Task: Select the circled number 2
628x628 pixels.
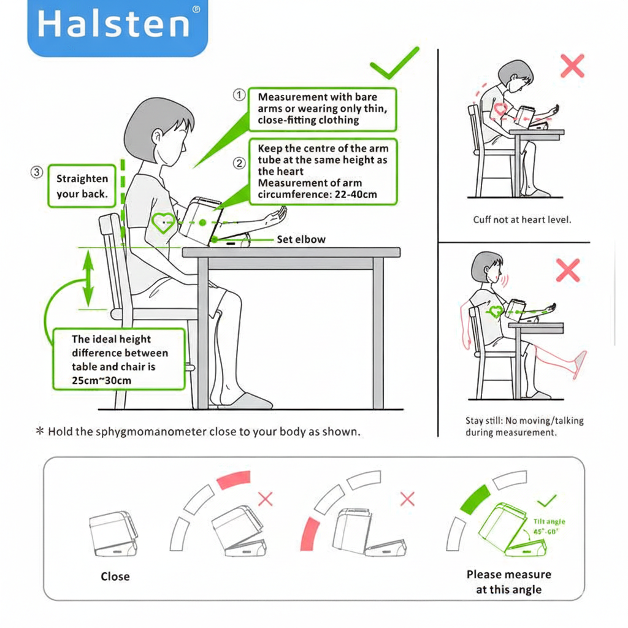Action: pyautogui.click(x=239, y=163)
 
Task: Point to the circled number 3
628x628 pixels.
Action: pyautogui.click(x=36, y=173)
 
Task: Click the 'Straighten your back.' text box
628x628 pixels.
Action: pyautogui.click(x=82, y=186)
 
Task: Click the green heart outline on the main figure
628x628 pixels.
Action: pyautogui.click(x=163, y=223)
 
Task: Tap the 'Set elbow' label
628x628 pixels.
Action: pyautogui.click(x=301, y=240)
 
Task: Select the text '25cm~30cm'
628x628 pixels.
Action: pyautogui.click(x=102, y=380)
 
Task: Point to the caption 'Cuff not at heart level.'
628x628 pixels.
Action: pyautogui.click(x=521, y=220)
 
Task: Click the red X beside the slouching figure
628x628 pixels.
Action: pyautogui.click(x=572, y=66)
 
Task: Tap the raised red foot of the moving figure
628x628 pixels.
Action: pyautogui.click(x=578, y=364)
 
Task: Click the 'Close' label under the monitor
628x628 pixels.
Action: pyautogui.click(x=115, y=576)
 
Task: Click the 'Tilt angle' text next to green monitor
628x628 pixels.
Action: pyautogui.click(x=549, y=521)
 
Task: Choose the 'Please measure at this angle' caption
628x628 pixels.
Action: pyautogui.click(x=508, y=582)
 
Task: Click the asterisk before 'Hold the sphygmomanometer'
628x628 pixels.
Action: pyautogui.click(x=40, y=432)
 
